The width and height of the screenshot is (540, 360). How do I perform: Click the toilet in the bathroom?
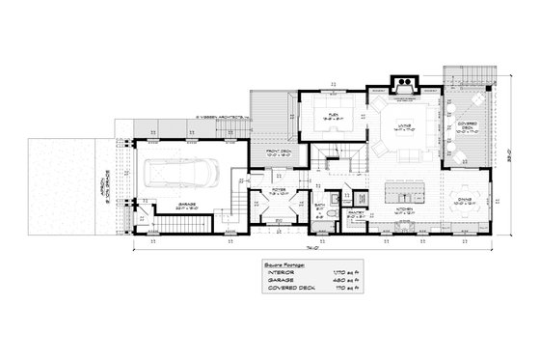coord(331,213)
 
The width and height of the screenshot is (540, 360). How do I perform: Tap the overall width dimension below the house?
coord(315,247)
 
